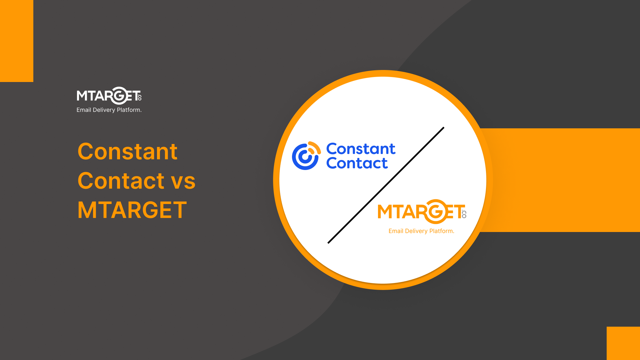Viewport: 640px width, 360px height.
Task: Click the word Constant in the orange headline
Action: [127, 151]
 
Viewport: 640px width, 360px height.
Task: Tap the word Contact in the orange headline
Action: [121, 181]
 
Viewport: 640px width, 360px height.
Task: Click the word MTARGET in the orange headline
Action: [132, 210]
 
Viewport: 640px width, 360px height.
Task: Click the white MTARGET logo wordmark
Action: [109, 96]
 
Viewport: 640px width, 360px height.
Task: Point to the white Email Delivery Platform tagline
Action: [109, 110]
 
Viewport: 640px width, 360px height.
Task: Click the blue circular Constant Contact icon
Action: [306, 156]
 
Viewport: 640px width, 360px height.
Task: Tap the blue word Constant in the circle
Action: [361, 149]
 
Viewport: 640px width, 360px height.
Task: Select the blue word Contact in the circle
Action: [357, 163]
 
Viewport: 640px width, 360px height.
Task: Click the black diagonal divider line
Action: [386, 185]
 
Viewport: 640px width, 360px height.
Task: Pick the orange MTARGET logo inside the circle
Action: [422, 212]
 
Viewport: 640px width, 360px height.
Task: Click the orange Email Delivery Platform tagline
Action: [421, 231]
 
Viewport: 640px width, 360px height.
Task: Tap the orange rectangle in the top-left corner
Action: [17, 41]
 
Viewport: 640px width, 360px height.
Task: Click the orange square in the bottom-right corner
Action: [623, 343]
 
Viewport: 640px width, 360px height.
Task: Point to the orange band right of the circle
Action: [563, 180]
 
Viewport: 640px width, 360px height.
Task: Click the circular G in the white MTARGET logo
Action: [119, 96]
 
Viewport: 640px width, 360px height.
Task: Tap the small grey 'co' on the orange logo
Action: [464, 214]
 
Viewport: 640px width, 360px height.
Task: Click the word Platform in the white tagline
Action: [129, 110]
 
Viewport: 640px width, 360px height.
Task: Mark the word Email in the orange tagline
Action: [396, 231]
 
